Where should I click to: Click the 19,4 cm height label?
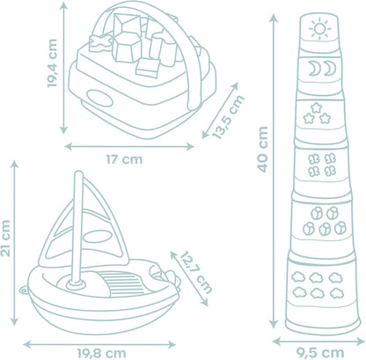(52, 63)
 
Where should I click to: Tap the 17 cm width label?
(124, 159)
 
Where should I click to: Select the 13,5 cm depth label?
(229, 116)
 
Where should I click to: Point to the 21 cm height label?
(5, 239)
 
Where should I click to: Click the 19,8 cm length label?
(102, 353)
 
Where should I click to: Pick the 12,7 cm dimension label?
(195, 272)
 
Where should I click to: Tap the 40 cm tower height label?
(263, 149)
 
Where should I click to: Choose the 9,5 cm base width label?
(319, 353)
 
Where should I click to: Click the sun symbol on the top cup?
(319, 29)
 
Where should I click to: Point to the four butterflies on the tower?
(322, 165)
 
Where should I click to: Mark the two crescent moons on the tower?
(322, 69)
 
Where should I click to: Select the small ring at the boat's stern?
(24, 290)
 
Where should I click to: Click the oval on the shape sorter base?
(99, 99)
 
